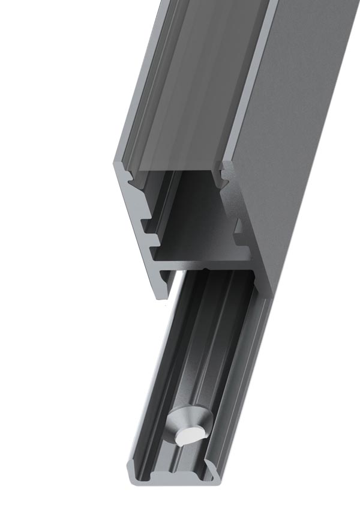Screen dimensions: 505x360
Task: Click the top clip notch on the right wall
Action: pos(224,174)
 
